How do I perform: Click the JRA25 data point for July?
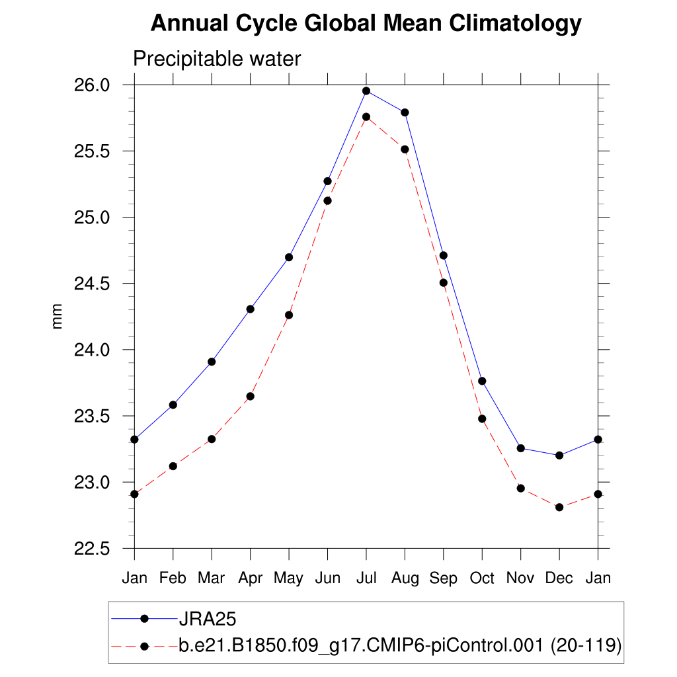click(x=366, y=91)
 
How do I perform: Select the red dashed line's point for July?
click(x=366, y=117)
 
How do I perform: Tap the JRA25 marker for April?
click(x=250, y=309)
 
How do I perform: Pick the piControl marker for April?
click(x=250, y=396)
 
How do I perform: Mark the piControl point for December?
click(x=559, y=507)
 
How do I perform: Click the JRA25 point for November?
click(x=521, y=448)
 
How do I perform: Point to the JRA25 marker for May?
click(x=289, y=257)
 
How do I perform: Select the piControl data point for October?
click(x=482, y=418)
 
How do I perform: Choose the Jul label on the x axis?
click(x=366, y=578)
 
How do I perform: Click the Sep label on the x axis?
click(x=444, y=578)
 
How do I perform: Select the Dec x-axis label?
click(x=559, y=578)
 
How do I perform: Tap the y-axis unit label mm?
click(x=58, y=317)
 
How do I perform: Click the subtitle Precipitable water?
click(x=217, y=60)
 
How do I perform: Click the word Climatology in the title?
click(x=515, y=24)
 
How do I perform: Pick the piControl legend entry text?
click(x=400, y=646)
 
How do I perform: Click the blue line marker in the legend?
click(x=144, y=619)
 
